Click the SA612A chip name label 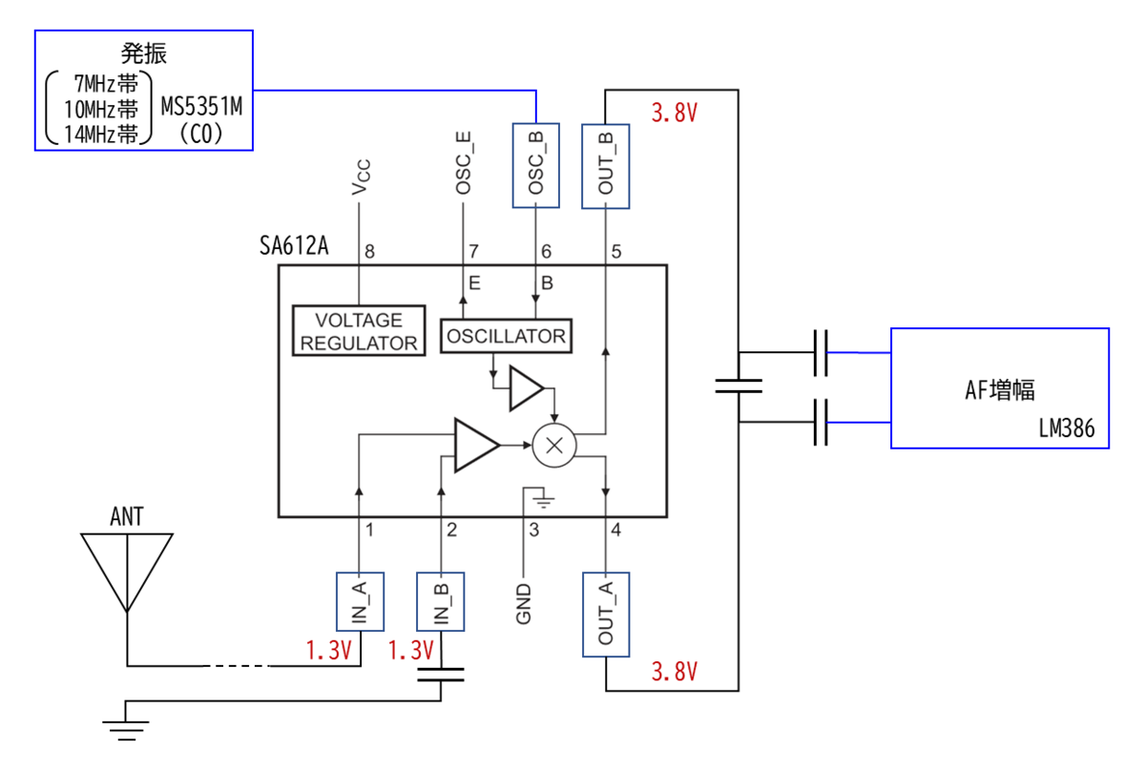294,245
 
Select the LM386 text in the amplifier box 1067,428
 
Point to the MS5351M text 201,106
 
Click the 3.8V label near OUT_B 675,113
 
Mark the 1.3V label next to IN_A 328,650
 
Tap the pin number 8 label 369,252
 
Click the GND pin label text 524,604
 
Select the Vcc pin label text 361,177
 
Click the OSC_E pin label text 463,162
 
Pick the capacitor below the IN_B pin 441,675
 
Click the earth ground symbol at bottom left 126,730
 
